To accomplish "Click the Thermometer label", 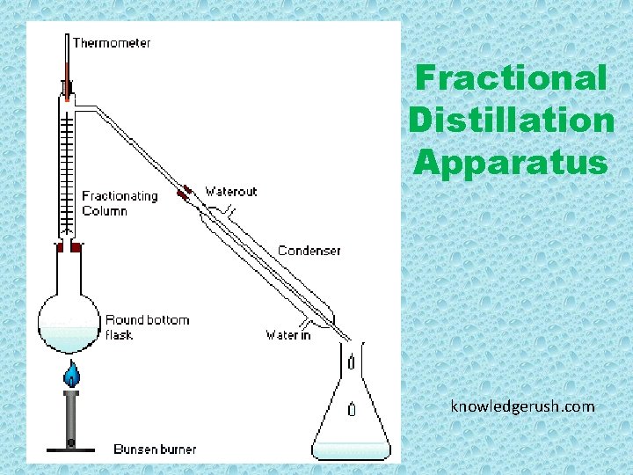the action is tap(111, 43).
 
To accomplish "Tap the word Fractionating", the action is tap(120, 196).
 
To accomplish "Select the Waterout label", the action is tap(230, 191).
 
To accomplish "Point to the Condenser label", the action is tap(309, 251).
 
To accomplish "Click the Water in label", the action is tap(287, 335).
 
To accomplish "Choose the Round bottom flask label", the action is tap(147, 326).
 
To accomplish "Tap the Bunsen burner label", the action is tap(155, 449).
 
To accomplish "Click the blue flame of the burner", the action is tap(70, 376).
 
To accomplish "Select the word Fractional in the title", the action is tap(511, 78).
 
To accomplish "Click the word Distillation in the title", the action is tap(511, 120).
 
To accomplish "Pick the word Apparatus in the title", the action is tap(511, 162).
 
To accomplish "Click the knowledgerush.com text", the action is tap(522, 406).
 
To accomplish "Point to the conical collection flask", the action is tap(352, 413).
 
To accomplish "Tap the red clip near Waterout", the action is tap(186, 194).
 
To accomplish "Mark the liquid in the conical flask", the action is tap(352, 449).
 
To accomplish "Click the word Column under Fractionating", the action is tap(105, 211).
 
